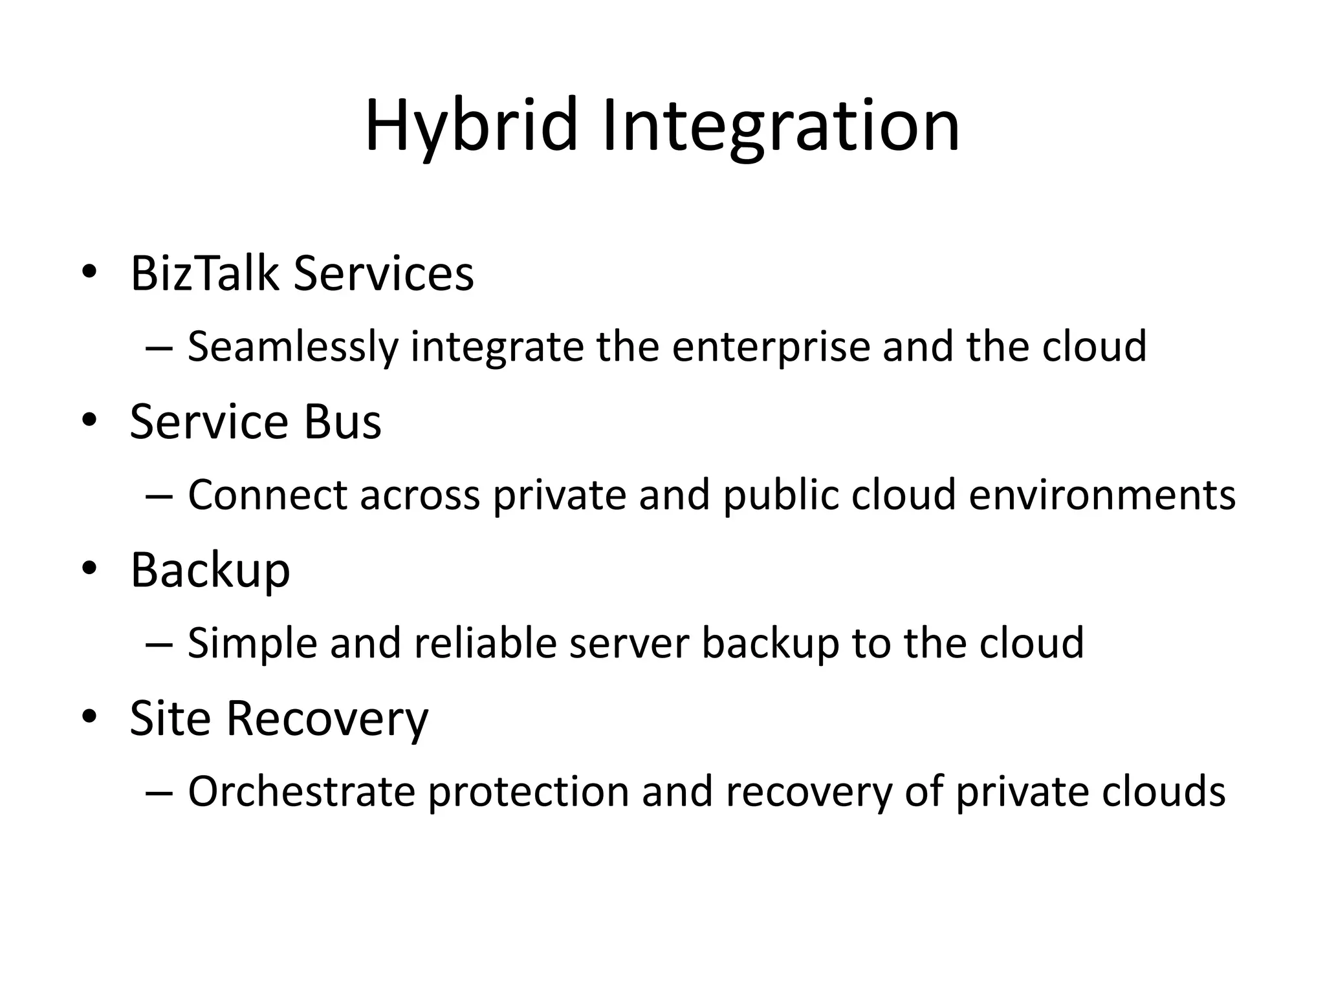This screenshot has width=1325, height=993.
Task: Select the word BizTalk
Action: point(204,274)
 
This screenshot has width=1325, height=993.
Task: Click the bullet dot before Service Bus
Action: point(89,420)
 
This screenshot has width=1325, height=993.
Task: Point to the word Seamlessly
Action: point(294,347)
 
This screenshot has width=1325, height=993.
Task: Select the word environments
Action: point(1102,495)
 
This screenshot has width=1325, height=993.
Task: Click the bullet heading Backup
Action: point(210,570)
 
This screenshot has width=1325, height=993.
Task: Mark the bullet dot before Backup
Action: point(89,568)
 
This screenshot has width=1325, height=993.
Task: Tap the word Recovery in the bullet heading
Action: point(327,720)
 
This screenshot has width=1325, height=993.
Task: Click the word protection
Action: point(528,793)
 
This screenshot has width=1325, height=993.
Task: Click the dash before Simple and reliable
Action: point(159,645)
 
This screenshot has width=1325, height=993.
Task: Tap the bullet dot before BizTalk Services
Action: point(89,272)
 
